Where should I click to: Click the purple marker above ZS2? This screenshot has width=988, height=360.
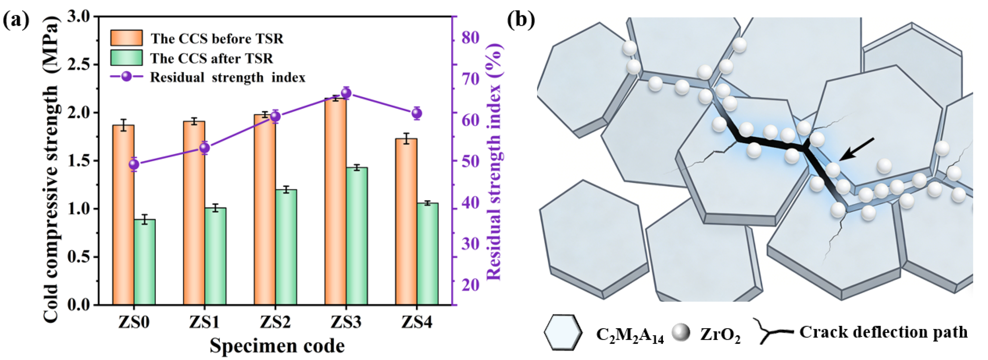pos(275,117)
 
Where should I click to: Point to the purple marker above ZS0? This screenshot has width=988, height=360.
pos(134,164)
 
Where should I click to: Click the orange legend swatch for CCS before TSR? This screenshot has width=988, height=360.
pos(126,38)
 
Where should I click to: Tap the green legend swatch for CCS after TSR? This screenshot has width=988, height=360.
pos(126,58)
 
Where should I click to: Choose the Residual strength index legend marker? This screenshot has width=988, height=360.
pos(127,77)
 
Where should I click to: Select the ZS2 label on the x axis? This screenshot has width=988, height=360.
pos(275,322)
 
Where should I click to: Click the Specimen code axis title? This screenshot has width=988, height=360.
pos(277,346)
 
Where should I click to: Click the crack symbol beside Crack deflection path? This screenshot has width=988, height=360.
pos(771,331)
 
